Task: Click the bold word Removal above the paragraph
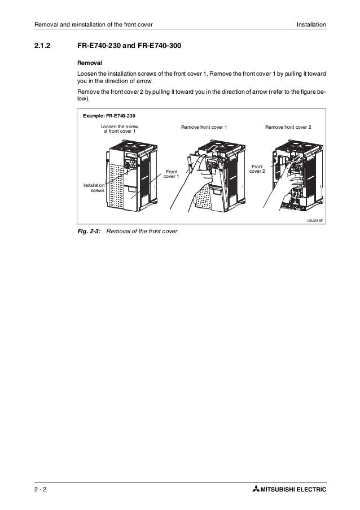tap(90, 63)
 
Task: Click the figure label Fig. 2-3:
tap(89, 232)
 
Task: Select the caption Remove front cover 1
tap(204, 128)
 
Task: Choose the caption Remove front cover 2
tap(292, 128)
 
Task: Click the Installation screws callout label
tap(94, 189)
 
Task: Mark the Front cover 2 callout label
tap(257, 169)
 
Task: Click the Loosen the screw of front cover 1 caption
tap(119, 128)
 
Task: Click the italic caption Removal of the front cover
tap(142, 232)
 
